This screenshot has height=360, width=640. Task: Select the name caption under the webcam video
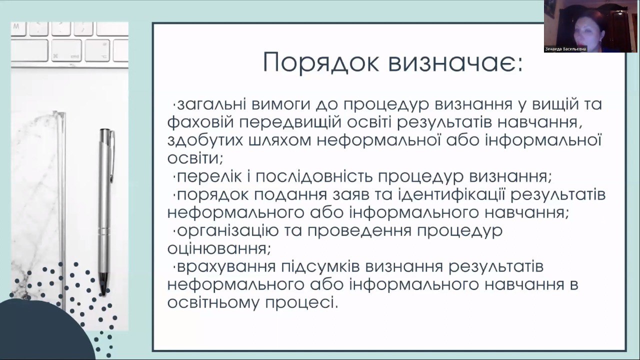click(x=565, y=49)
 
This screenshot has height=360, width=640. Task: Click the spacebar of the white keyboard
click(x=30, y=50)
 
